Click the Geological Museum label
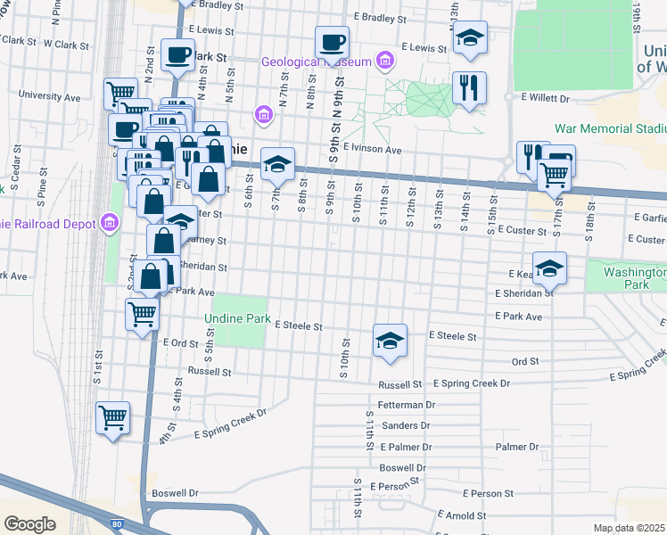point(316,62)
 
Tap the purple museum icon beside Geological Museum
point(384,61)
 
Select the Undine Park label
point(236,317)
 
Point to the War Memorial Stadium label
point(610,128)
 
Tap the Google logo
point(29,523)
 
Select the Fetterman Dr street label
point(406,404)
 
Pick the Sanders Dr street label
point(406,425)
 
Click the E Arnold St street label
point(460,515)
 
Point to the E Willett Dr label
point(544,98)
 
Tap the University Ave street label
point(49,96)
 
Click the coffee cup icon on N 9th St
point(332,42)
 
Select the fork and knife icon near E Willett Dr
point(468,87)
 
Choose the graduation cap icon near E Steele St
point(390,341)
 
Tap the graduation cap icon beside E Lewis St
point(469,37)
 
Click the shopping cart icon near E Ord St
point(143,315)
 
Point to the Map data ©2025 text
point(629,528)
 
